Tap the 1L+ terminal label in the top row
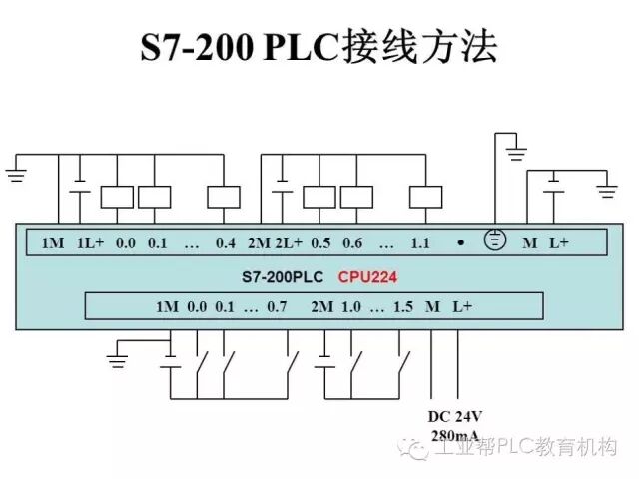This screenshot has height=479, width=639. point(90,242)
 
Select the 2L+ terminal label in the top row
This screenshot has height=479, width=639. point(288,242)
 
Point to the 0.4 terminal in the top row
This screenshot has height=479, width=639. point(225,242)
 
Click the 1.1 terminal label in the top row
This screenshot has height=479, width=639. point(419,242)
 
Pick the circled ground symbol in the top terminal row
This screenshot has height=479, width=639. point(492,239)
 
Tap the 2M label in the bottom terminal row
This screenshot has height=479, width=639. point(321,306)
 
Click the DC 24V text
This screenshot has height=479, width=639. point(455,416)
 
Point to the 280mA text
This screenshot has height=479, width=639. point(455,435)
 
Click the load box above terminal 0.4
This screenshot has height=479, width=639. point(223,196)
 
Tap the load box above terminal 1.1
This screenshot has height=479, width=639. point(425,196)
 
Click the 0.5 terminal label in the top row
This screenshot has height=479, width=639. point(320,242)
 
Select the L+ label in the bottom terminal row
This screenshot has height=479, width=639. point(461,306)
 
